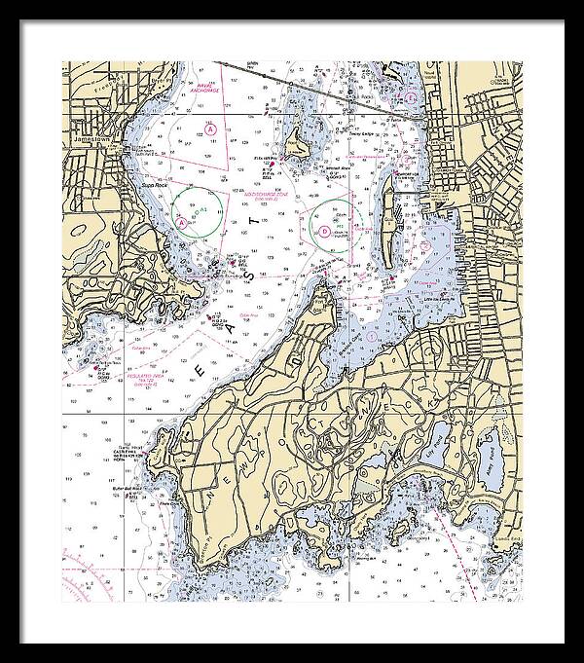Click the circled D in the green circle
pyautogui.click(x=324, y=231)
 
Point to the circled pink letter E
pyautogui.click(x=413, y=98)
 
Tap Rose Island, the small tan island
pyautogui.click(x=296, y=148)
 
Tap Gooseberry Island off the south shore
pyautogui.click(x=400, y=530)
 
